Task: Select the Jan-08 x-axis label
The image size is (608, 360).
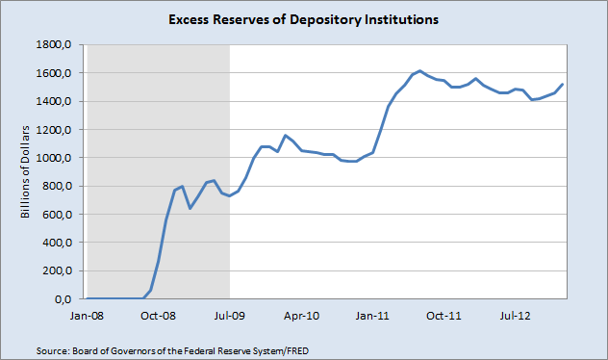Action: pyautogui.click(x=87, y=315)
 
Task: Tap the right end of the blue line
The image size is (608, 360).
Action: pyautogui.click(x=563, y=85)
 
